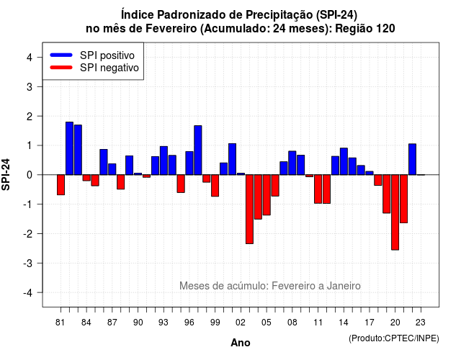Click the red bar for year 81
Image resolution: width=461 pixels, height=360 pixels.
point(61,185)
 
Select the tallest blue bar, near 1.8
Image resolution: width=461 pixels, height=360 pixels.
point(69,148)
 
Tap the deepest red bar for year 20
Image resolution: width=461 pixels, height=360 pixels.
point(395,212)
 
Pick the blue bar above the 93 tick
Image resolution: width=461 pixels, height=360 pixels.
point(164,161)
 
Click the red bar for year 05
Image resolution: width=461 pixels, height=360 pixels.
point(267,195)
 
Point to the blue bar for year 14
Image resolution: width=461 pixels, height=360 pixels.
point(344,161)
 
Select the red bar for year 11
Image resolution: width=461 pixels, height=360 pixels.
point(318,189)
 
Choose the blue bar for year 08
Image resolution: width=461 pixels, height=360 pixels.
point(292,163)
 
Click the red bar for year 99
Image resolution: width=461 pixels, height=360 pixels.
point(215,186)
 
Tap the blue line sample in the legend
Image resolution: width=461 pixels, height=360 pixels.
point(61,55)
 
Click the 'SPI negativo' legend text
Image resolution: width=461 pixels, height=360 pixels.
point(109,68)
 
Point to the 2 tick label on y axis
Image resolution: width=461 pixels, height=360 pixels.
point(30,117)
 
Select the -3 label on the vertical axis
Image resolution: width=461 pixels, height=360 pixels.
point(27,264)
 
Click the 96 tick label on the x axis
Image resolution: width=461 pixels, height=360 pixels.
point(189,323)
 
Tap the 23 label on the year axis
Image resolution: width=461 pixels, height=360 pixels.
point(421,323)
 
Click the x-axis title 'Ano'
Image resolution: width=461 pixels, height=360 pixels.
point(241,343)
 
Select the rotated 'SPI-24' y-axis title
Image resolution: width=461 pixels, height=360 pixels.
point(6,174)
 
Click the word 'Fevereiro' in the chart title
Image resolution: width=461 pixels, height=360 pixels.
point(171,29)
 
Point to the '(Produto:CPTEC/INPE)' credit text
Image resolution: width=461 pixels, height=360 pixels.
point(394,338)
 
